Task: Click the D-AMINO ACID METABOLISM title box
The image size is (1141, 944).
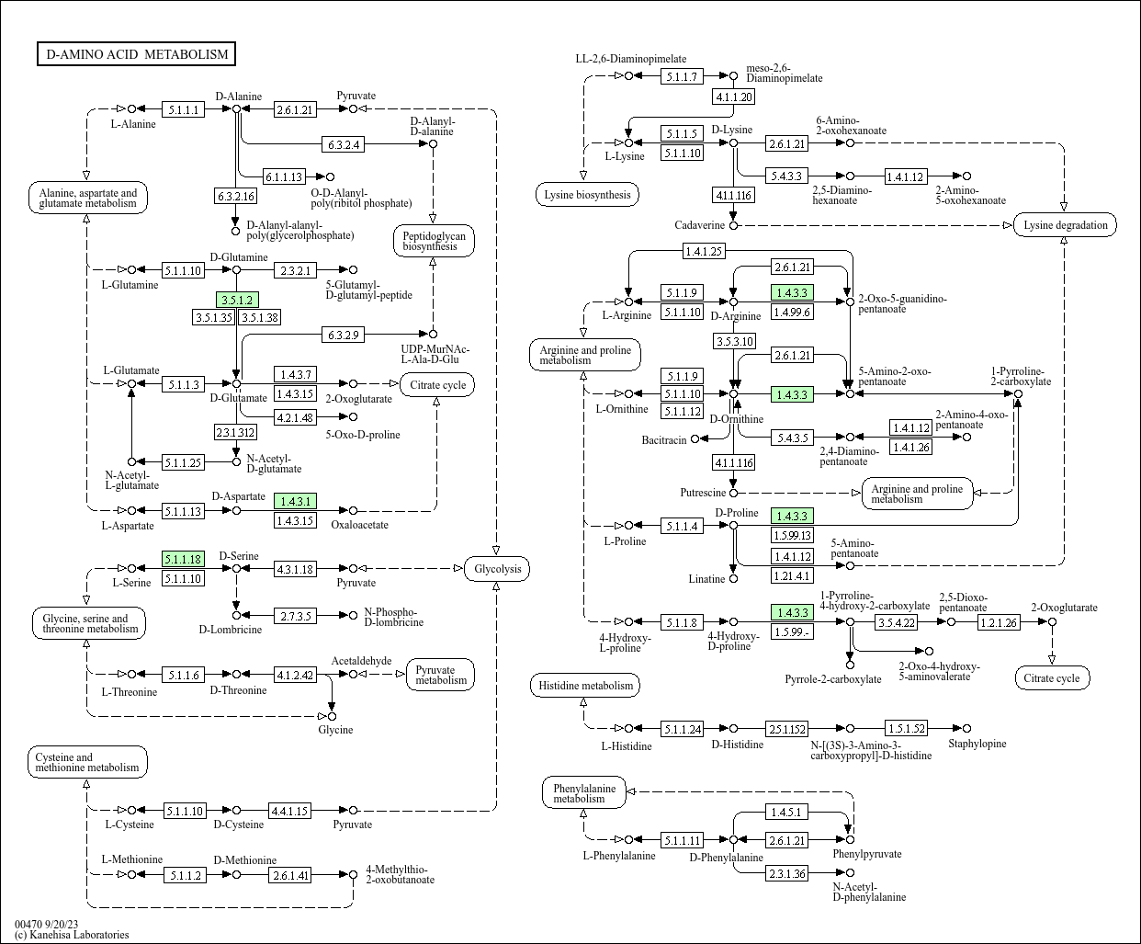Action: click(137, 54)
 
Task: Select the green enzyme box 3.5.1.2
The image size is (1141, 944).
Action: click(237, 300)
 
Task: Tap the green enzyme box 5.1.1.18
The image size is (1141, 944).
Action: click(183, 559)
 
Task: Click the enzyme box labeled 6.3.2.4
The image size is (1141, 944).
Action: click(344, 144)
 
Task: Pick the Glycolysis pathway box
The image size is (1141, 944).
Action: click(497, 569)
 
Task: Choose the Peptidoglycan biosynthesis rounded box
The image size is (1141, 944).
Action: click(434, 241)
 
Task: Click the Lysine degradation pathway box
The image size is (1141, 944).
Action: click(1065, 225)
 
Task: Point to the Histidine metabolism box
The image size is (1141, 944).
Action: click(585, 686)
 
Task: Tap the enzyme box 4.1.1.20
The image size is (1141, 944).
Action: click(734, 97)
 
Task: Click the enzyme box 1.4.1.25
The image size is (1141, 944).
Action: click(704, 250)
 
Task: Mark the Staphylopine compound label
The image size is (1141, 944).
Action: click(977, 744)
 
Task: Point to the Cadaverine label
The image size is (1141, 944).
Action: click(699, 226)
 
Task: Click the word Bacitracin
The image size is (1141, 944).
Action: click(664, 440)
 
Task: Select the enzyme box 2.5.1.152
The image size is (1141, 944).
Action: click(787, 729)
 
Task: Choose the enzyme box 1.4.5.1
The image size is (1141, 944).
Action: click(787, 812)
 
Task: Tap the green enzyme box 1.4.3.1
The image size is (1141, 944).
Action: click(296, 501)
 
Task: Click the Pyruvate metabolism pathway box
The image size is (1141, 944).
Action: click(441, 675)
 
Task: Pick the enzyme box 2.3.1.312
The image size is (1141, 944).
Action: click(236, 432)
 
